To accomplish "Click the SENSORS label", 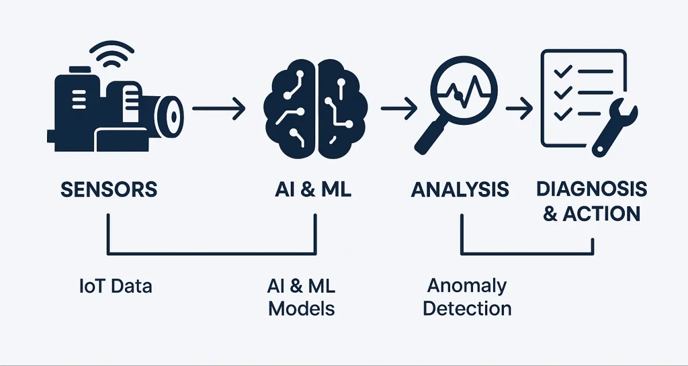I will (x=108, y=190).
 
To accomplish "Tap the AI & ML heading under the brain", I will (x=313, y=190).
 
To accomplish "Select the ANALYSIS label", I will (x=460, y=190).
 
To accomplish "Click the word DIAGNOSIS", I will (x=591, y=188).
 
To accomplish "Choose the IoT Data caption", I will (x=116, y=286).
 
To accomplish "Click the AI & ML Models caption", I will (x=302, y=297).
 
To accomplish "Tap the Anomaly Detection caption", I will (x=467, y=297).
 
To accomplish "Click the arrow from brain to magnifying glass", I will (x=399, y=108).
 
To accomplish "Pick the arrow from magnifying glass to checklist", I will (x=518, y=108).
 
